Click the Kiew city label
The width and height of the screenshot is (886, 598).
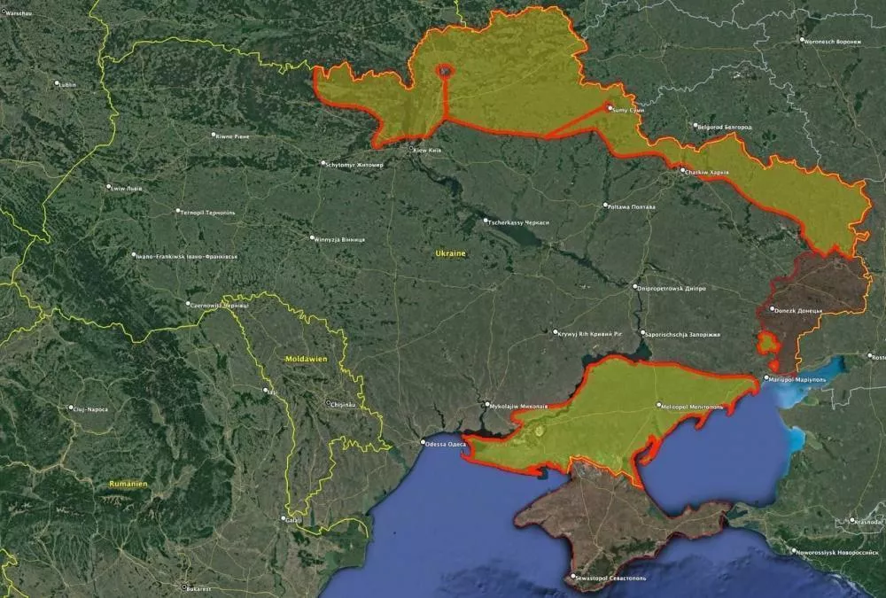pyautogui.click(x=427, y=151)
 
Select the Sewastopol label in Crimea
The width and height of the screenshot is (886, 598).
pyautogui.click(x=612, y=579)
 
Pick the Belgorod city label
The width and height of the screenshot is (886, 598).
pyautogui.click(x=725, y=127)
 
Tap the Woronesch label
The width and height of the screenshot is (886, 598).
pyautogui.click(x=832, y=41)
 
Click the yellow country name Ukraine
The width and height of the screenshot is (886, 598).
pyautogui.click(x=450, y=253)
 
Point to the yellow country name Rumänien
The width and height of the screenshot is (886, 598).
pyautogui.click(x=128, y=484)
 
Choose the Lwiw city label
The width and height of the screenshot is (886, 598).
pyautogui.click(x=124, y=188)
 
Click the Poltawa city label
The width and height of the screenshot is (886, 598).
pyautogui.click(x=631, y=207)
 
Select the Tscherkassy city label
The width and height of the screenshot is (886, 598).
pyautogui.click(x=518, y=221)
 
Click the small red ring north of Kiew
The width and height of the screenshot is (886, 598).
pyautogui.click(x=445, y=70)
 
